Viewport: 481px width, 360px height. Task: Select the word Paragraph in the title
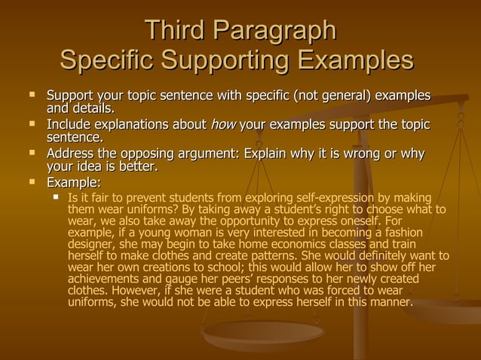274,32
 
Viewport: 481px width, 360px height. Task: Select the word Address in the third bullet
71,154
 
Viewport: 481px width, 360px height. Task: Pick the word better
139,167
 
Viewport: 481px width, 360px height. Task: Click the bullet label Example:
74,182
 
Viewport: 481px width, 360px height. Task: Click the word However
134,292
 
